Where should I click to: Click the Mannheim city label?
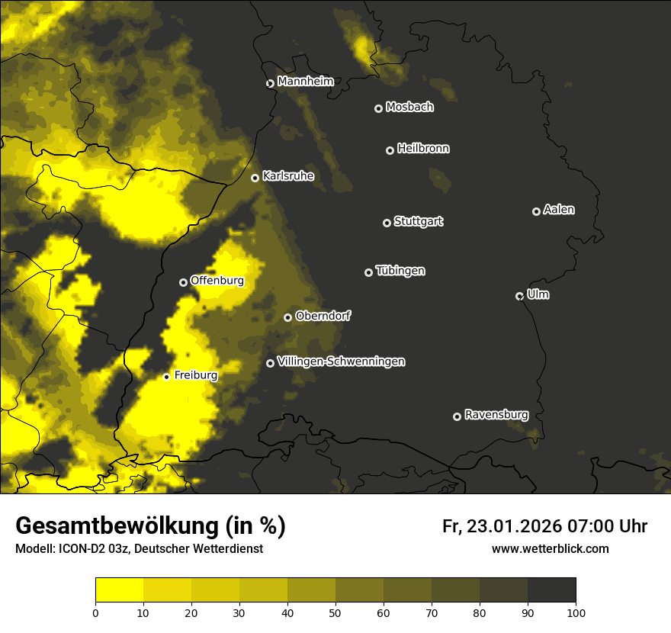click(x=305, y=81)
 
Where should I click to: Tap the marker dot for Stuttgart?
click(x=387, y=223)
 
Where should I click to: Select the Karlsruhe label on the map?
click(x=287, y=176)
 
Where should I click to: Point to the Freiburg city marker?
click(x=166, y=377)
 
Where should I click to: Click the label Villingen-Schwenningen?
click(x=341, y=361)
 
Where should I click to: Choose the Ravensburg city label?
click(x=496, y=415)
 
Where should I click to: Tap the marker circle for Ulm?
click(x=519, y=296)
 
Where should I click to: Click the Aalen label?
click(x=559, y=210)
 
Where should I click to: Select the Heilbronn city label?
click(x=423, y=149)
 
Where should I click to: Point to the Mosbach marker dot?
click(x=378, y=109)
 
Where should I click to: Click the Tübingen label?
click(x=400, y=271)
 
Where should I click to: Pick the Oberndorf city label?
click(x=323, y=316)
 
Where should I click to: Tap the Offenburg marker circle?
click(x=183, y=282)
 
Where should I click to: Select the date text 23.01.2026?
click(x=513, y=526)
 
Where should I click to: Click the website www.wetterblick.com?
click(x=550, y=549)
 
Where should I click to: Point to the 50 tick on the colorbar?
click(x=335, y=612)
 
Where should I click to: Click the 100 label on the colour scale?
click(x=576, y=612)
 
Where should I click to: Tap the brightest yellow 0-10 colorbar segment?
click(x=119, y=590)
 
